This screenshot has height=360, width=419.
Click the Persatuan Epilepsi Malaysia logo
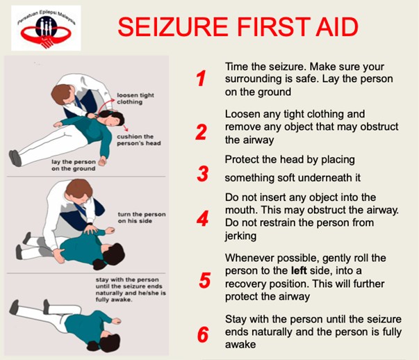(x=46, y=28)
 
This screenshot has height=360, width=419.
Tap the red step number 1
(x=201, y=79)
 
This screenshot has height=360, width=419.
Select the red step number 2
(x=202, y=132)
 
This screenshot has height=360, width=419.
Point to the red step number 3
(x=203, y=174)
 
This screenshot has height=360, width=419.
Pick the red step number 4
(x=203, y=218)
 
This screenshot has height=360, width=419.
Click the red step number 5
(x=205, y=280)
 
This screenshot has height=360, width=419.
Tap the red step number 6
(x=203, y=334)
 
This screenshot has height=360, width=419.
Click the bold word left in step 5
(x=299, y=270)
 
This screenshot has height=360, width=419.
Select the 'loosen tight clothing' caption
(x=135, y=99)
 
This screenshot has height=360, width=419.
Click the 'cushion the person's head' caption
(x=139, y=140)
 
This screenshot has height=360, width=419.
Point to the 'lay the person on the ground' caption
(x=74, y=165)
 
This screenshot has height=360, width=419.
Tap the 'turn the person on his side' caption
(x=142, y=218)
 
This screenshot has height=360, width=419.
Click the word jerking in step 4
(x=240, y=236)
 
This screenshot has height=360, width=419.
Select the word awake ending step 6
(x=240, y=345)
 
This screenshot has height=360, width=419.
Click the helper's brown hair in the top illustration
(x=62, y=94)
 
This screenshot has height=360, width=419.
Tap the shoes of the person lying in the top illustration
(x=15, y=158)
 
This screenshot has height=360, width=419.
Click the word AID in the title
(x=337, y=26)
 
